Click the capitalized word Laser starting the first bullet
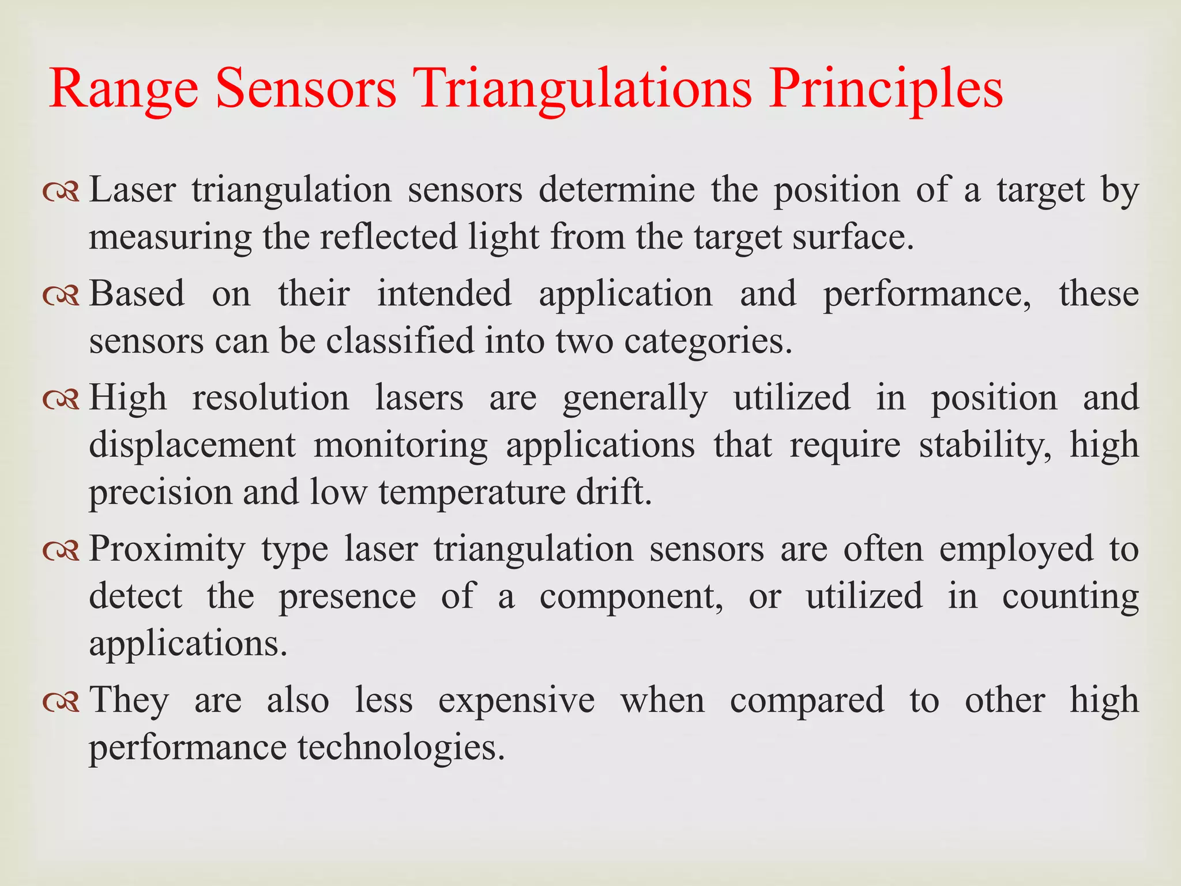tap(132, 190)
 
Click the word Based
tap(137, 294)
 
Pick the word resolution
tap(270, 397)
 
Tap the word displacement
tap(192, 445)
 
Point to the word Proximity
tap(167, 549)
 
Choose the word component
tap(631, 596)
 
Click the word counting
tap(1070, 596)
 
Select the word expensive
tap(516, 700)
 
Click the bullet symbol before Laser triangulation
tap(61, 193)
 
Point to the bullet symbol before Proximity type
tap(61, 551)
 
